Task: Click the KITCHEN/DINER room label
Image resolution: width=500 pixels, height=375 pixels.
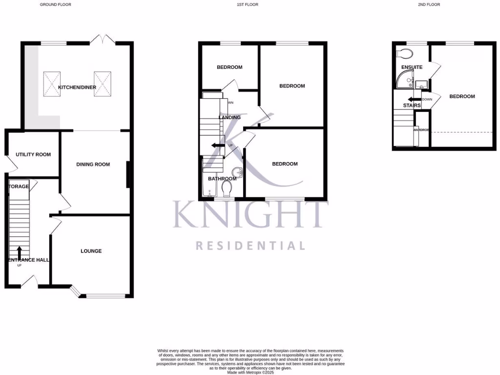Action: coord(77,87)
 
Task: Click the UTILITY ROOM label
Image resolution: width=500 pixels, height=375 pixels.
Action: coord(33,154)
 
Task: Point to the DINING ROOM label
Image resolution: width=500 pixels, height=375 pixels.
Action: coord(93,165)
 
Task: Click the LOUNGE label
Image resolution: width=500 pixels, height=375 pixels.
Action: coord(91,251)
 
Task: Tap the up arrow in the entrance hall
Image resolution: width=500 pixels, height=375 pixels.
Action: coord(19,253)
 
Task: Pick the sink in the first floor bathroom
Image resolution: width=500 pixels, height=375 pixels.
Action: coord(237,172)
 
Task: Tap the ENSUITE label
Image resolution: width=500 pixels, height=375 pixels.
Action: coord(412,67)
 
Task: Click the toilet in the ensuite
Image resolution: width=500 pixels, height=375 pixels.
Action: coord(405,53)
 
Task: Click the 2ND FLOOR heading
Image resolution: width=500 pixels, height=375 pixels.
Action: coord(430,4)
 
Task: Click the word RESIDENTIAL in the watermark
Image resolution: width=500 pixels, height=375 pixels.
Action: coord(250,246)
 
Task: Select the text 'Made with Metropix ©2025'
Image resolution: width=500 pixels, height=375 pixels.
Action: coord(250,373)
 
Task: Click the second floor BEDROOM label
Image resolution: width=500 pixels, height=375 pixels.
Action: coord(462,97)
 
